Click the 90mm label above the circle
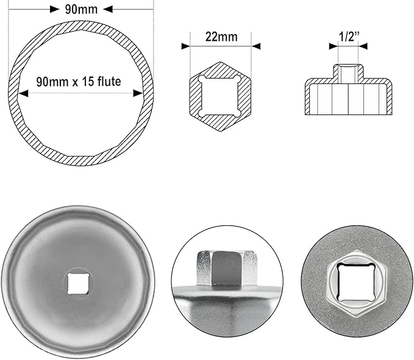pos(80,9)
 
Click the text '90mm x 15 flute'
pos(80,81)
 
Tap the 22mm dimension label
pos(221,37)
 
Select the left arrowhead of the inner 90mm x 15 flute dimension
pos(22,93)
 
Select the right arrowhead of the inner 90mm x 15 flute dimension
pos(139,93)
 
